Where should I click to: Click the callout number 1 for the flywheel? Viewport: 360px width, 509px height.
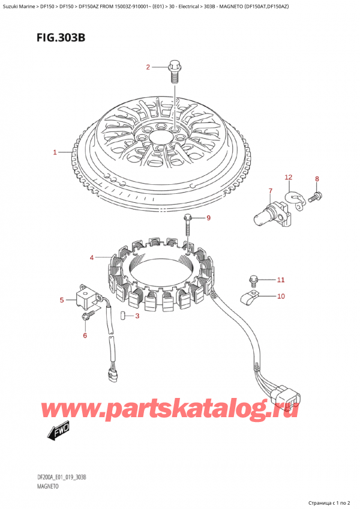pos(55,152)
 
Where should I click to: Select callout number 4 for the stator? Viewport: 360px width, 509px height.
pos(92,258)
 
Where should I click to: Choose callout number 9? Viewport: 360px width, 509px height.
pos(209,218)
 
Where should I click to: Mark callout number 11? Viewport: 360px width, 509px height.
pos(280,280)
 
